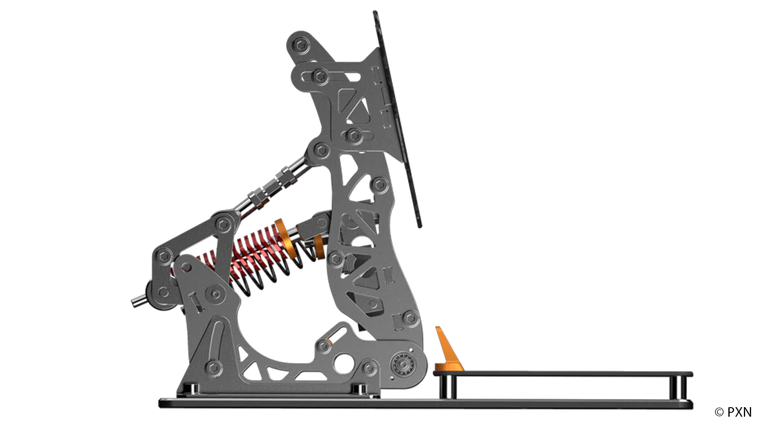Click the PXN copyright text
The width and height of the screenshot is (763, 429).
click(733, 412)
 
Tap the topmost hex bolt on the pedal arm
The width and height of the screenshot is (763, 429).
click(302, 45)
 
